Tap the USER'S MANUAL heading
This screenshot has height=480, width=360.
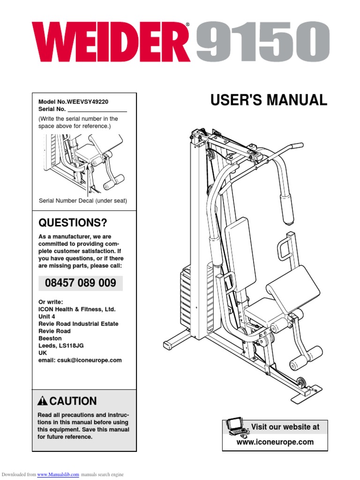click(269, 100)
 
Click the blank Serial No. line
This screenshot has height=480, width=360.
click(97, 109)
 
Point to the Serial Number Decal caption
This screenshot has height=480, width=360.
click(83, 201)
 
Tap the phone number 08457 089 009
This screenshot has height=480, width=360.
click(80, 283)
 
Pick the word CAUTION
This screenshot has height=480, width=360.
click(73, 401)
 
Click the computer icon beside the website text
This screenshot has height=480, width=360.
click(237, 427)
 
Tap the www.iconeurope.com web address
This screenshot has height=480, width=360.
click(275, 442)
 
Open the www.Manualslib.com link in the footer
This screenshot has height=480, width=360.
click(58, 475)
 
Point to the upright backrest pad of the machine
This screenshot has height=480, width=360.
click(240, 253)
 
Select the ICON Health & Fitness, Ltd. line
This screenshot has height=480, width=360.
click(76, 309)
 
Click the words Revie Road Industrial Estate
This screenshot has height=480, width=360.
click(78, 324)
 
